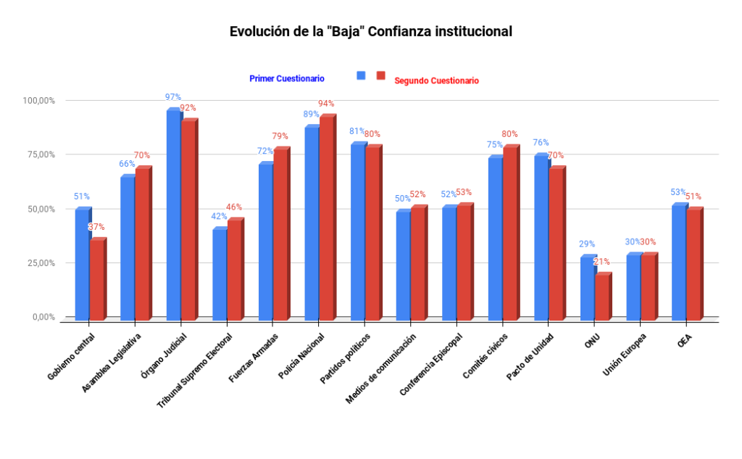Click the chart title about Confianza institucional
click(x=370, y=32)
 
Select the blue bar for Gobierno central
click(x=82, y=265)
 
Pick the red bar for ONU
click(x=602, y=297)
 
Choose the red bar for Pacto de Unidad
click(x=556, y=244)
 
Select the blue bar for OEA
click(x=679, y=262)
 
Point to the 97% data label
click(x=172, y=97)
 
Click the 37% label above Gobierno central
click(x=96, y=227)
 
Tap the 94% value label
click(x=326, y=104)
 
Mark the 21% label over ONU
click(x=601, y=262)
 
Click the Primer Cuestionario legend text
click(x=287, y=78)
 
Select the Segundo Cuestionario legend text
click(x=436, y=81)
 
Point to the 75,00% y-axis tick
click(x=40, y=154)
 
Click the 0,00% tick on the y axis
click(x=43, y=317)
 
